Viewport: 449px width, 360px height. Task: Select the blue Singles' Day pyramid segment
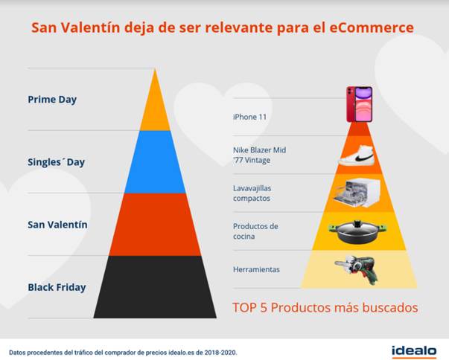click(155, 162)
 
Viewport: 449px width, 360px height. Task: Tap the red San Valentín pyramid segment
click(155, 225)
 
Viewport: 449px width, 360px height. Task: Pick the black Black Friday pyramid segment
click(155, 287)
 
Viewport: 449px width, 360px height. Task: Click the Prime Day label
click(52, 100)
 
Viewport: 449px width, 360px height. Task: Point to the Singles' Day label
click(56, 162)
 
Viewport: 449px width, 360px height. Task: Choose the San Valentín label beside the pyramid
click(57, 225)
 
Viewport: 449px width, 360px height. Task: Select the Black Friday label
click(57, 287)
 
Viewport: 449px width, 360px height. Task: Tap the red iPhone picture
click(360, 104)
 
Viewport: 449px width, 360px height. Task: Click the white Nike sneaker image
click(357, 156)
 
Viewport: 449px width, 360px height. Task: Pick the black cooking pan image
click(357, 232)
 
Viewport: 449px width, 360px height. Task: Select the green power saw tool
click(357, 269)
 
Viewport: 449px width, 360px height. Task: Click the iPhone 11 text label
click(249, 117)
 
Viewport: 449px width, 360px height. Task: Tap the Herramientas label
click(256, 270)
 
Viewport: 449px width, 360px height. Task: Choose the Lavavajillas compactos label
click(252, 193)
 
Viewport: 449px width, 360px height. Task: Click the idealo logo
click(414, 351)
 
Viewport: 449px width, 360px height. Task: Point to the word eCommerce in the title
click(372, 28)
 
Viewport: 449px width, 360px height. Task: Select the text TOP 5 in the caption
click(249, 308)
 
